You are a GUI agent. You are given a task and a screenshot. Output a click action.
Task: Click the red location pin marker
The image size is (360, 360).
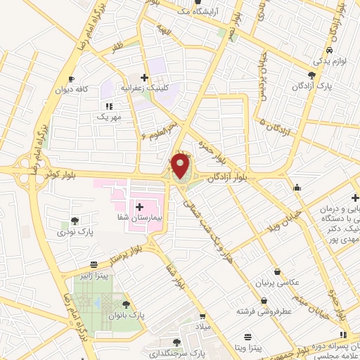(x=181, y=167)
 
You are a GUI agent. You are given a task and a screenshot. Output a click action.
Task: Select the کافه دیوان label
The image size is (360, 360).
(x=71, y=89)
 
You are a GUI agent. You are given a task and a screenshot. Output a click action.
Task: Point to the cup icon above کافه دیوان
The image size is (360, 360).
(x=71, y=79)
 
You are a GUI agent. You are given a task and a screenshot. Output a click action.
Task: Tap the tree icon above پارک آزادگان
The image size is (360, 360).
(x=311, y=75)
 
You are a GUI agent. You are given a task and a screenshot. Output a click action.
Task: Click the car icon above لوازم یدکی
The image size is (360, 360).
(x=329, y=52)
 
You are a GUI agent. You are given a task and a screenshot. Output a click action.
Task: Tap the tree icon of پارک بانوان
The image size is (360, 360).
(x=125, y=304)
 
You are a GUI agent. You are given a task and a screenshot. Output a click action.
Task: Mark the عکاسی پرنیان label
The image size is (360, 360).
(x=280, y=283)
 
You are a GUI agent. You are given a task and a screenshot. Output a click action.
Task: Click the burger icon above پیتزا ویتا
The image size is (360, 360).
(x=247, y=336)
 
